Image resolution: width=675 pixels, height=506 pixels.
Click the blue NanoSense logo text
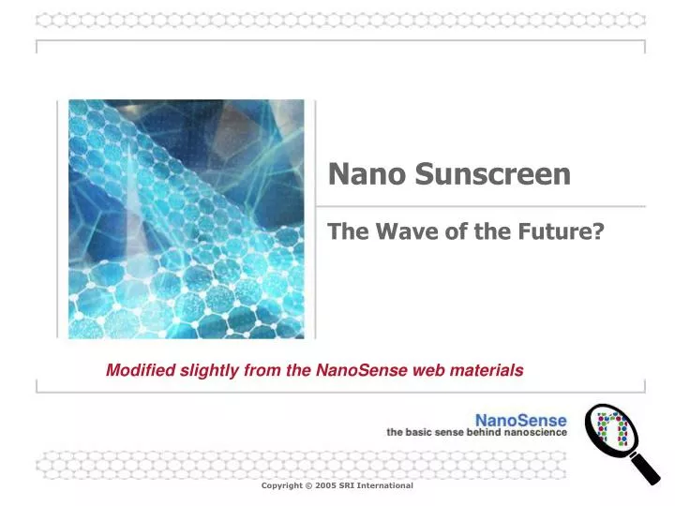click(520, 420)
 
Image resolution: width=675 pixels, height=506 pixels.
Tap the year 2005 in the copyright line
click(324, 485)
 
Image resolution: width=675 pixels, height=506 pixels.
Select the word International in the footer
click(388, 485)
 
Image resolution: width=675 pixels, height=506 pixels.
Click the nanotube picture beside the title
click(187, 218)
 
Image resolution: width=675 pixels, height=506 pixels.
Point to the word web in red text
click(427, 370)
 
